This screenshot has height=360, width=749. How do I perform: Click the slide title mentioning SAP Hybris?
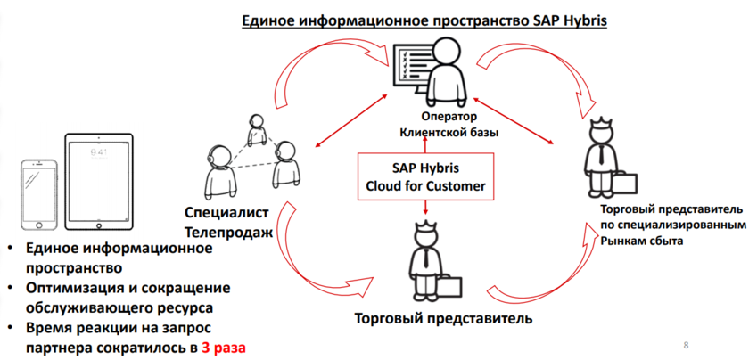pyautogui.click(x=424, y=19)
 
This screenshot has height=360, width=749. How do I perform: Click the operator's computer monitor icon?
pyautogui.click(x=411, y=69)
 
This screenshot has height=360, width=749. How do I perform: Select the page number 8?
pyautogui.click(x=685, y=344)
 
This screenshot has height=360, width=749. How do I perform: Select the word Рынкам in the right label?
pyautogui.click(x=621, y=241)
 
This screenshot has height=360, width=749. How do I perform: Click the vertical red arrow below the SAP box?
pyautogui.click(x=426, y=207)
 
